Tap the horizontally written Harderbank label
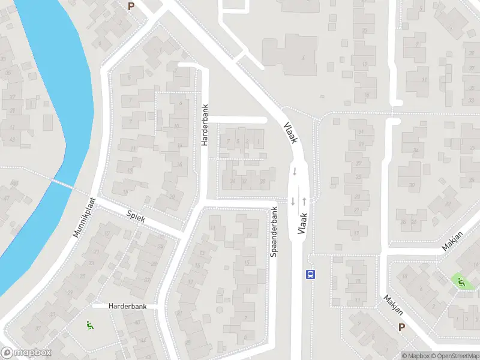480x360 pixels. tap(127, 306)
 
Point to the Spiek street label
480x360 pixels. tap(137, 216)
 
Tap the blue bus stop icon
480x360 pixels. tap(311, 274)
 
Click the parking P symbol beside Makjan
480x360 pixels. tap(401, 327)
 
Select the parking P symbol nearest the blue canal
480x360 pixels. tap(131, 6)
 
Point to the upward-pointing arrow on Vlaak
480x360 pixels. tap(305, 200)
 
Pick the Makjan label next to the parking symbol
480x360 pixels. tap(391, 305)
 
